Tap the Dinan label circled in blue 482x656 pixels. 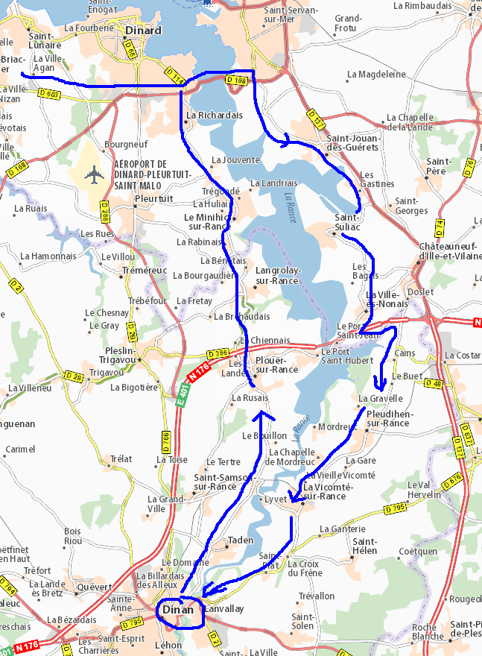[x=179, y=610]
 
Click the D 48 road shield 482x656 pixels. [x=433, y=383]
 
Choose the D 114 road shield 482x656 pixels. [x=173, y=75]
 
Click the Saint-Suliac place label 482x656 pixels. [x=348, y=222]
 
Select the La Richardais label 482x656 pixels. [x=215, y=116]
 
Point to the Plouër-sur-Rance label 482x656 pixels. [x=276, y=365]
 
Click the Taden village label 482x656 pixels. [x=240, y=540]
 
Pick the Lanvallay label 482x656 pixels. [x=223, y=609]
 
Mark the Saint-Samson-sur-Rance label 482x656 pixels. [x=215, y=482]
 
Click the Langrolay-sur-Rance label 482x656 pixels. [x=276, y=276]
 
